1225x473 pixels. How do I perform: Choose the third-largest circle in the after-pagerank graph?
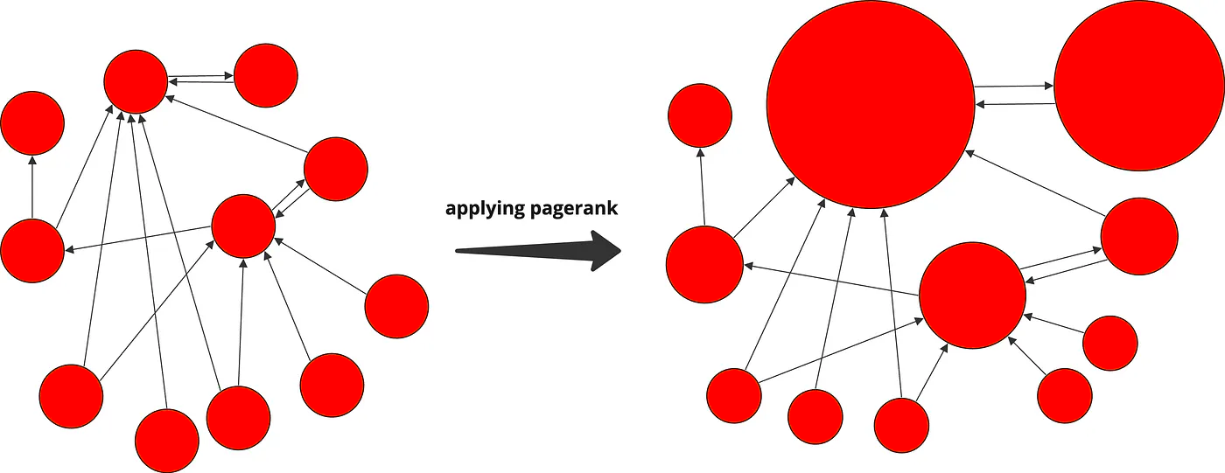[x=972, y=296]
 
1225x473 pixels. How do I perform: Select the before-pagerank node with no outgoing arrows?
[x=32, y=122]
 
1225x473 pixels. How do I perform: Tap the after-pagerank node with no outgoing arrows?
[x=699, y=115]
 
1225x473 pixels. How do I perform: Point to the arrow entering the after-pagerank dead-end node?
[x=703, y=188]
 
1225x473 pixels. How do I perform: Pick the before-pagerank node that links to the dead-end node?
[x=32, y=250]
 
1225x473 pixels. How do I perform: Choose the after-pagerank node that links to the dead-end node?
[x=704, y=264]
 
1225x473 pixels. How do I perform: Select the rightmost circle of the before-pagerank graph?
[x=396, y=306]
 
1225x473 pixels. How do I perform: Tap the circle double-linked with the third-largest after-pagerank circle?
[x=1138, y=236]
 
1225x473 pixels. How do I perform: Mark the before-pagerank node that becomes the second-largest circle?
[x=266, y=75]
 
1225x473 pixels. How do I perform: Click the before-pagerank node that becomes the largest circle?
[x=136, y=81]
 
